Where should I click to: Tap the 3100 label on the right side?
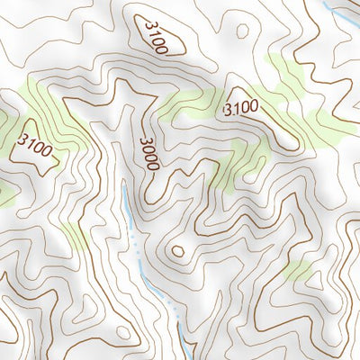tap(240, 109)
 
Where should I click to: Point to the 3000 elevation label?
tap(149, 154)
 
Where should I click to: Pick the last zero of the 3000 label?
tap(153, 166)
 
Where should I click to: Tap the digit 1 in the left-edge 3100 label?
tap(28, 141)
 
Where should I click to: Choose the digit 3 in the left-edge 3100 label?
tap(21, 138)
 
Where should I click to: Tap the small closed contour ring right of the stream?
tap(177, 251)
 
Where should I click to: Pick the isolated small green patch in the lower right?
tap(300, 270)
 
